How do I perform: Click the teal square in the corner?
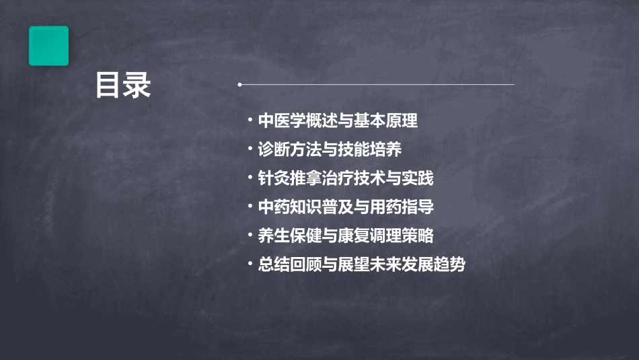click(x=48, y=46)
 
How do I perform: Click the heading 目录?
click(x=123, y=85)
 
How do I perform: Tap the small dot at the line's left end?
click(x=240, y=85)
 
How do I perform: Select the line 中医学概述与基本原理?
click(x=338, y=121)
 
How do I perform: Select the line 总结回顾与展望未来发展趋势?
click(x=361, y=265)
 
